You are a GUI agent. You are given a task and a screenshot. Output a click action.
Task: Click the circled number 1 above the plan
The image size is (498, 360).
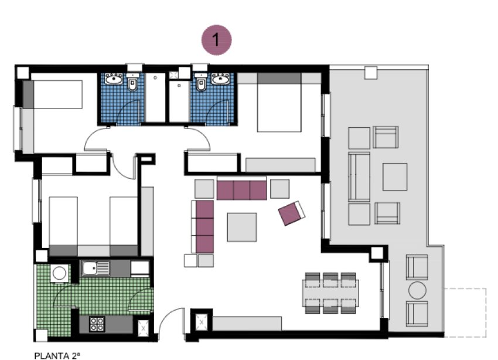pos(217,40)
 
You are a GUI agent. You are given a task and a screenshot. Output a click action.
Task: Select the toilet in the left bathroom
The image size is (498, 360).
pos(133,86)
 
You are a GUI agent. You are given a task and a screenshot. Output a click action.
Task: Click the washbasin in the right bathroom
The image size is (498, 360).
pos(220,80)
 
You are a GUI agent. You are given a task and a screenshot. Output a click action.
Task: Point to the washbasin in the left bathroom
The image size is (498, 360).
pos(112,80)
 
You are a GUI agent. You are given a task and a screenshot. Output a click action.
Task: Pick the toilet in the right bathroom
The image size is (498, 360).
pos(201,86)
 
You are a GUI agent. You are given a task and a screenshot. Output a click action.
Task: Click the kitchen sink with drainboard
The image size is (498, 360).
pos(95,269)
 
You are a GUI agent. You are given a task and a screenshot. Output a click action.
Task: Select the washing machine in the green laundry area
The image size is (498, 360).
pos(59,273)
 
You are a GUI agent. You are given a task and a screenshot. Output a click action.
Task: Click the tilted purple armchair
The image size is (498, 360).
pos(292,212)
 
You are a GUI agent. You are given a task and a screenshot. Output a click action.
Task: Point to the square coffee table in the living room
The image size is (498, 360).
pos(242,226)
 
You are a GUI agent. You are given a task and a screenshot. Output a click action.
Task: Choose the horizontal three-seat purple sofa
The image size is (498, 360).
pos(241,189)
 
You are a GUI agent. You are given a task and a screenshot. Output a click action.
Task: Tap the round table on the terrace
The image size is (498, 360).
pos(417,290)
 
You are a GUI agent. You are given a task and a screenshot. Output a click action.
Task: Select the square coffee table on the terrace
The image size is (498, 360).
pos(395,176)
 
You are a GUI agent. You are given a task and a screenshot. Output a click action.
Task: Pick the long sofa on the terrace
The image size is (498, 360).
pos(359,176)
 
